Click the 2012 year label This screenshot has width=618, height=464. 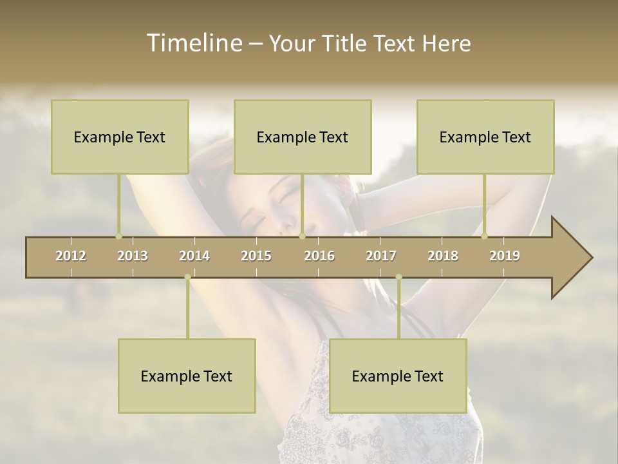(71, 256)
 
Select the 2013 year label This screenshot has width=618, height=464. (133, 256)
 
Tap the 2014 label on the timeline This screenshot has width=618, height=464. (194, 256)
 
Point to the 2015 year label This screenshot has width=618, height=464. (256, 256)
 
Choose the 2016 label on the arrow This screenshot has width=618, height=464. (319, 256)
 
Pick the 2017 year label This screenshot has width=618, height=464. (381, 256)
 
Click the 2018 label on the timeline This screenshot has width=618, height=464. (443, 256)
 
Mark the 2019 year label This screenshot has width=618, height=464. (505, 256)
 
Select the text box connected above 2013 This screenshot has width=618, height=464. (120, 137)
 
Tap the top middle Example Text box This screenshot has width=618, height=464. (303, 137)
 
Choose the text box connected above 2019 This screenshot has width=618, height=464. (485, 137)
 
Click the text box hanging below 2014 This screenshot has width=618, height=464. (187, 376)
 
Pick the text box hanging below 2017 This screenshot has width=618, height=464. (398, 376)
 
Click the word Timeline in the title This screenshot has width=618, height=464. (193, 43)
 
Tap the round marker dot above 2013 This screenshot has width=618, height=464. (118, 236)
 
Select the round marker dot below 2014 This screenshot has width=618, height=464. (187, 277)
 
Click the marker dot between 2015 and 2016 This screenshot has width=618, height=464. (302, 236)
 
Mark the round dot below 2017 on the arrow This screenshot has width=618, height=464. (398, 277)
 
